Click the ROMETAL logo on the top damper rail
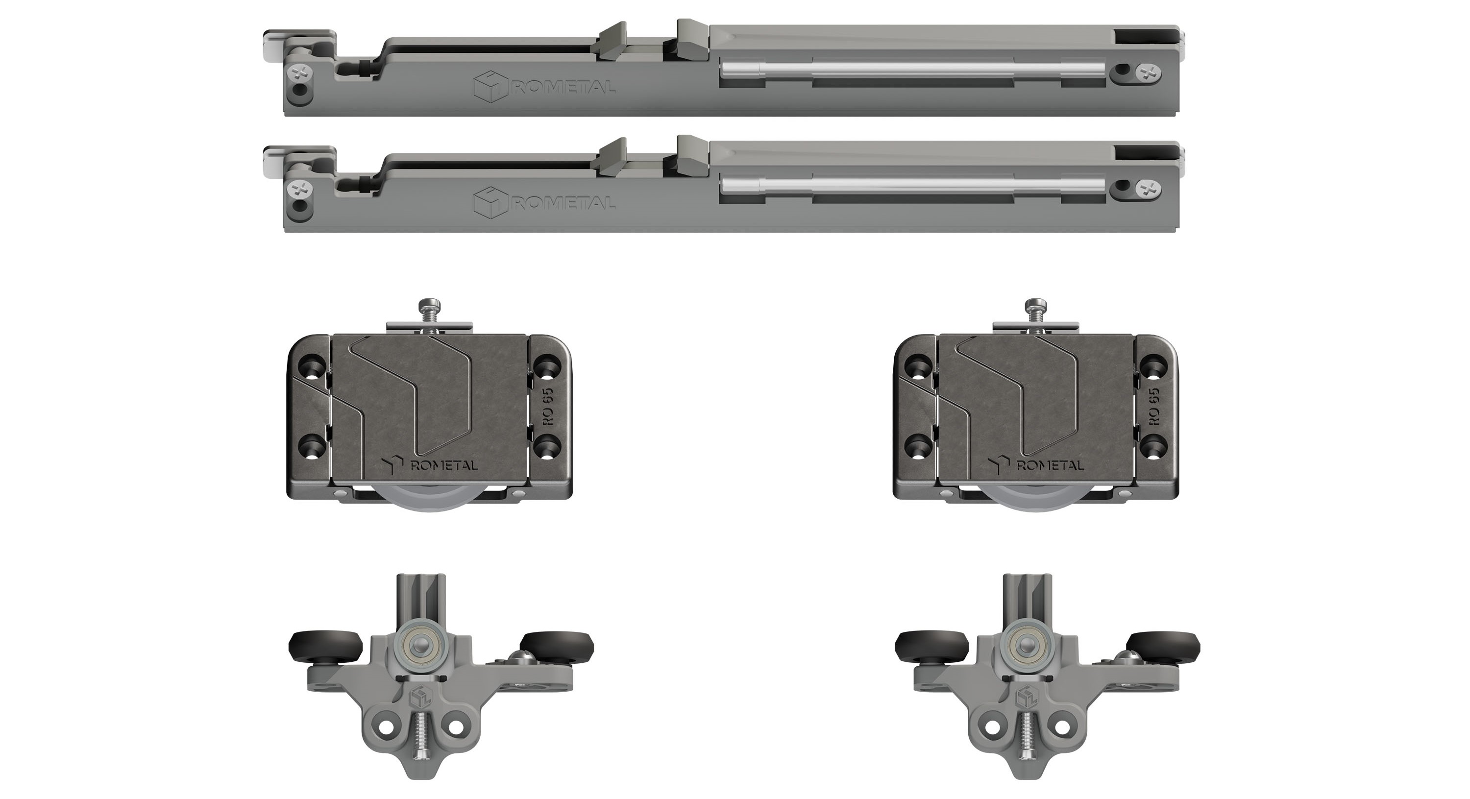click(x=544, y=87)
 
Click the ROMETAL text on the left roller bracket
click(x=444, y=464)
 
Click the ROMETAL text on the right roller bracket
click(x=1050, y=464)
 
